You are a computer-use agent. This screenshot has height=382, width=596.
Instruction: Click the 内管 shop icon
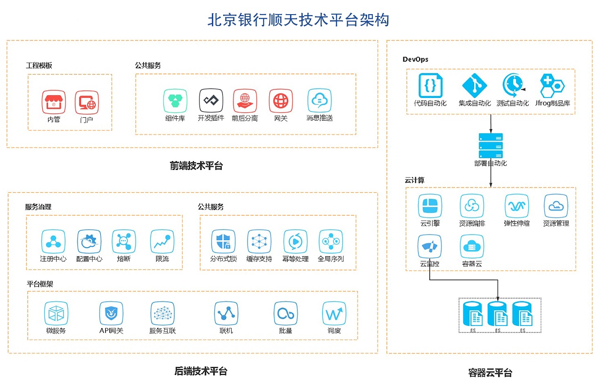tap(54, 102)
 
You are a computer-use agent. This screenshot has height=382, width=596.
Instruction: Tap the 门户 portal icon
tap(87, 102)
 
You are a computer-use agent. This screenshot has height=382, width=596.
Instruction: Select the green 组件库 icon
tap(175, 100)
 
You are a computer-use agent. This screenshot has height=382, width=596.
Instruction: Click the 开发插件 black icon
tap(210, 100)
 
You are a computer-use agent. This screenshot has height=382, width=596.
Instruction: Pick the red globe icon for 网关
tap(281, 100)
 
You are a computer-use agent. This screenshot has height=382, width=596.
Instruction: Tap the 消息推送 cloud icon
tap(319, 100)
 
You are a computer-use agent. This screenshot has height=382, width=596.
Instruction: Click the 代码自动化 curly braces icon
tap(430, 85)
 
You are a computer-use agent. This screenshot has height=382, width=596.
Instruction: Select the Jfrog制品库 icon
tap(552, 85)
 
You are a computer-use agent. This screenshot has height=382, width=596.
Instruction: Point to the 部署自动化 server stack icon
tap(491, 146)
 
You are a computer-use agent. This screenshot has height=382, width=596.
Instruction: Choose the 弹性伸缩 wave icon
tap(516, 206)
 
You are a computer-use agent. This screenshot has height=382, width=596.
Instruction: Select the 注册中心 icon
tap(53, 242)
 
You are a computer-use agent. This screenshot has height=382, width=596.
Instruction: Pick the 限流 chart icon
tap(162, 242)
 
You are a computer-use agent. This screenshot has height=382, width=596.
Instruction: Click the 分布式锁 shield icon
tap(223, 242)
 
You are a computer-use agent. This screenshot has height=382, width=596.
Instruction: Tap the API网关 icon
tap(111, 313)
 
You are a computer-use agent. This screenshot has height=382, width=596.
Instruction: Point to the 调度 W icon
tap(334, 313)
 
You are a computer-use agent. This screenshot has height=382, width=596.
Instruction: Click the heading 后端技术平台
tap(201, 371)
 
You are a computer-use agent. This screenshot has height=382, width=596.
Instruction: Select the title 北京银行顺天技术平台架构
tap(298, 20)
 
